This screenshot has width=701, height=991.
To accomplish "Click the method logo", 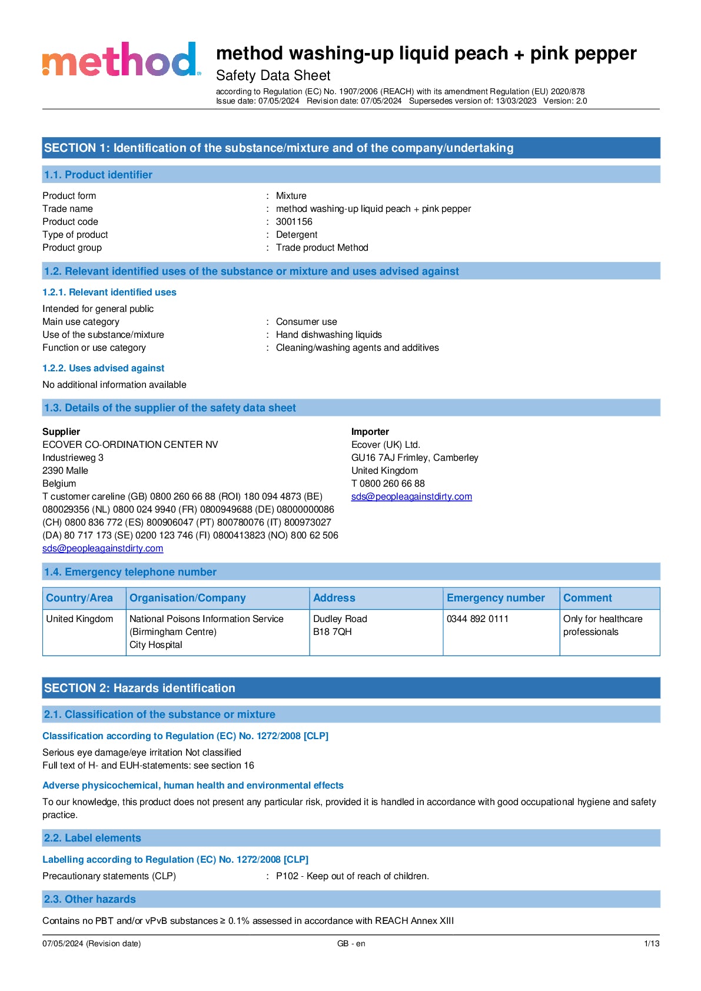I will pyautogui.click(x=121, y=59).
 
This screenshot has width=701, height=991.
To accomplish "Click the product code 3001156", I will pyautogui.click(x=294, y=222).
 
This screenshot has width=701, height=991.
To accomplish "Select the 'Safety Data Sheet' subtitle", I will pyautogui.click(x=273, y=76).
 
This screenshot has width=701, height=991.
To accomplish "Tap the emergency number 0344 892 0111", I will pyautogui.click(x=477, y=619).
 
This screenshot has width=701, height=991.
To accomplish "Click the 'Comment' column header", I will pyautogui.click(x=587, y=598).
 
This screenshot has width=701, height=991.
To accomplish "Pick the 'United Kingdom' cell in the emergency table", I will pyautogui.click(x=79, y=619).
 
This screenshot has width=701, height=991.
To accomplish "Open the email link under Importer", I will pyautogui.click(x=411, y=497).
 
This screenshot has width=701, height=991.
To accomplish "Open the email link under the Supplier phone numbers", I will pyautogui.click(x=102, y=548).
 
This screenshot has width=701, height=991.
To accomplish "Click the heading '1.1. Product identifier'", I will pyautogui.click(x=98, y=175).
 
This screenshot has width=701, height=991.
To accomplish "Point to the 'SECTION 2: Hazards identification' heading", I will pyautogui.click(x=139, y=688).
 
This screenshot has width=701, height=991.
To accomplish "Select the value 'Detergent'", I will pyautogui.click(x=297, y=235).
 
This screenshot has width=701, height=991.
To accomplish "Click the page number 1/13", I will pyautogui.click(x=652, y=944).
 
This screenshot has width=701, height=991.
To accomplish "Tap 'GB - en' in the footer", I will pyautogui.click(x=351, y=944).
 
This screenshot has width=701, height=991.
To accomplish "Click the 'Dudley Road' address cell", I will pyautogui.click(x=340, y=619).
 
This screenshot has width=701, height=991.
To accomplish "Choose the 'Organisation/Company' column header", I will pyautogui.click(x=187, y=598).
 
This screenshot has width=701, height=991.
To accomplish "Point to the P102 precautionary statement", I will pyautogui.click(x=352, y=876).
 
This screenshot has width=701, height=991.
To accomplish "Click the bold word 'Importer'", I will pyautogui.click(x=370, y=432).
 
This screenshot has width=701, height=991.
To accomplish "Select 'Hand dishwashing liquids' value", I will pyautogui.click(x=328, y=335).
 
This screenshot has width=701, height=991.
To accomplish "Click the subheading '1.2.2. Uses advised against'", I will pyautogui.click(x=103, y=368).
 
